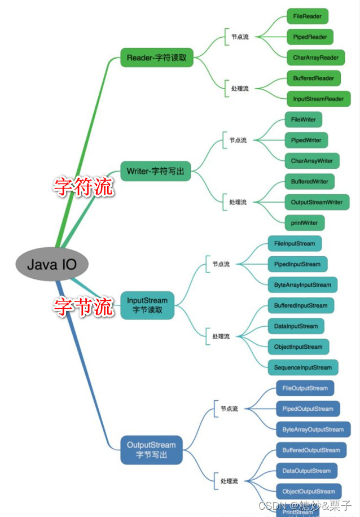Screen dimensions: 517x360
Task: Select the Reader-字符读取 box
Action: [157, 58]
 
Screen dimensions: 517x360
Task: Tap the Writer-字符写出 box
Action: [156, 171]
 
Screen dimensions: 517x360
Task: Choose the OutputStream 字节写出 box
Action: [151, 450]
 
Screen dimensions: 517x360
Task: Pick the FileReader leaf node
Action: [308, 16]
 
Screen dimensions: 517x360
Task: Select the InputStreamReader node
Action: [318, 99]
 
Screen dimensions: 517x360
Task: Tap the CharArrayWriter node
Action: [312, 161]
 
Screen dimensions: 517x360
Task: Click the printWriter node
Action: [305, 223]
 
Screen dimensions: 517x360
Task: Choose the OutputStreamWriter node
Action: [317, 202]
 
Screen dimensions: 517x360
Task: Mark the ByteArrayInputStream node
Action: [302, 285]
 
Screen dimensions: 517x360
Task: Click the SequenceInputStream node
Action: [303, 367]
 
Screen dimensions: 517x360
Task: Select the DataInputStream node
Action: [296, 326]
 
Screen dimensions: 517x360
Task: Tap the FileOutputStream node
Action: [305, 388]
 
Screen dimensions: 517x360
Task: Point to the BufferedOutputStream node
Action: [311, 450]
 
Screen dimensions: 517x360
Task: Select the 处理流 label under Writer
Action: [238, 202]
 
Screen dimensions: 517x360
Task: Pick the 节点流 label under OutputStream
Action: [229, 409]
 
